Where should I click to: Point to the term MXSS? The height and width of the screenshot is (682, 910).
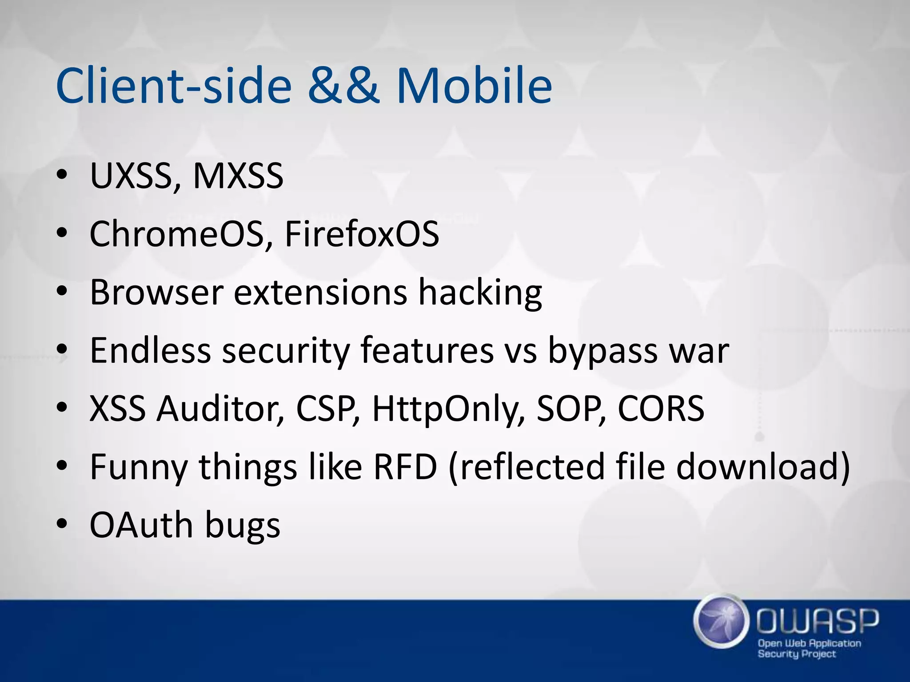coord(238,176)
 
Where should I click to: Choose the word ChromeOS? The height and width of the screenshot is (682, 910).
coord(177,234)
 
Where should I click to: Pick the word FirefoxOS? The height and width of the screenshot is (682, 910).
coord(362,234)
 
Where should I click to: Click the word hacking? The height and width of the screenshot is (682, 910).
coord(480,293)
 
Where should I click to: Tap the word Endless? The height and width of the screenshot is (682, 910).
coord(150,350)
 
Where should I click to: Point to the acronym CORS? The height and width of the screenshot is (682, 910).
coord(661,408)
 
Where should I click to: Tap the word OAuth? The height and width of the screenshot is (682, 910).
coord(141,525)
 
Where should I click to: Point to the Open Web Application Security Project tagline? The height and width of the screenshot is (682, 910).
coord(809,648)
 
